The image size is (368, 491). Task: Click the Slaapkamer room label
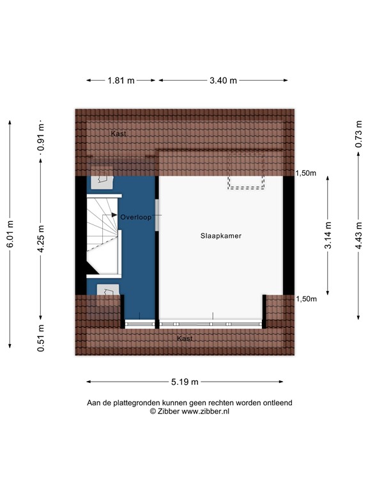[220, 236]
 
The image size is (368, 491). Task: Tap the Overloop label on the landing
[135, 217]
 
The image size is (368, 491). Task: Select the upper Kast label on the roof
[118, 134]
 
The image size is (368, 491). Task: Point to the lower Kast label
[185, 338]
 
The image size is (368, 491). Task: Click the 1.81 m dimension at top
[121, 81]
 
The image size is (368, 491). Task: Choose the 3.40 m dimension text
[224, 81]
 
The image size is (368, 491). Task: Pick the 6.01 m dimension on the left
[10, 234]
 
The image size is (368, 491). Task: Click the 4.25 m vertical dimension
[41, 239]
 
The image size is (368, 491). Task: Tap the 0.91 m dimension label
[41, 137]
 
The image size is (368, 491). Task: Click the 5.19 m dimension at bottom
[185, 382]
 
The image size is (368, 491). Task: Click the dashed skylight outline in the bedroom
[246, 171]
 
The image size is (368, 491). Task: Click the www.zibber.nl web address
[206, 412]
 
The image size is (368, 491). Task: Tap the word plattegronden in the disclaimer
[139, 403]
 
